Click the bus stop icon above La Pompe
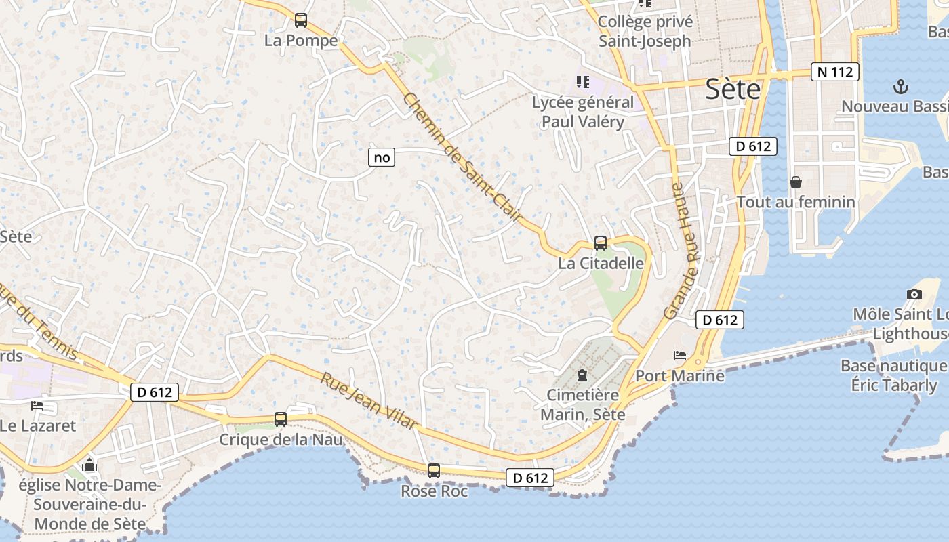tap(301, 20)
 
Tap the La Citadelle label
tap(601, 263)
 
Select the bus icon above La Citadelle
tap(601, 243)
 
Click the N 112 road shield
tap(835, 72)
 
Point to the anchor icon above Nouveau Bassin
tap(901, 87)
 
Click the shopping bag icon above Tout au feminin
tap(796, 182)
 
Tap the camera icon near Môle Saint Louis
tap(914, 294)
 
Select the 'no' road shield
tap(382, 158)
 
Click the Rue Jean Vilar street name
tap(369, 400)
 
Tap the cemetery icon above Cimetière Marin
tap(582, 375)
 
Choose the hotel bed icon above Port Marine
tap(680, 355)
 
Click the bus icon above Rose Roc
tap(434, 470)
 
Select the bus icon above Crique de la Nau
tap(281, 419)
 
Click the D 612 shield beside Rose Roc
tap(530, 478)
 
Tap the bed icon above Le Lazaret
tap(37, 406)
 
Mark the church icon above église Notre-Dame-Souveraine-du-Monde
tap(89, 465)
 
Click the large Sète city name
tap(733, 89)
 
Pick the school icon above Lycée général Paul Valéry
tap(582, 82)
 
